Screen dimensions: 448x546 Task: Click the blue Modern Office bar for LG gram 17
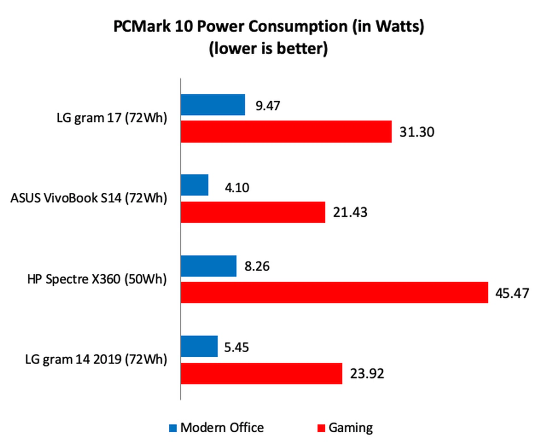click(x=213, y=105)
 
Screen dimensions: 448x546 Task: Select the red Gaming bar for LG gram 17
click(x=286, y=131)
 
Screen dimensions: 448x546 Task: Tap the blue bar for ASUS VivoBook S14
click(x=195, y=185)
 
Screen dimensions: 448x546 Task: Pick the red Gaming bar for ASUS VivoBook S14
click(x=253, y=212)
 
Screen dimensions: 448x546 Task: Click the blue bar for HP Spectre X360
click(x=208, y=266)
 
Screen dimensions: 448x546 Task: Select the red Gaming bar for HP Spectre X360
click(x=334, y=293)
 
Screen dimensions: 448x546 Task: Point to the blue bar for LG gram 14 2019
click(x=199, y=346)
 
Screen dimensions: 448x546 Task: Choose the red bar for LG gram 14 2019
click(x=261, y=373)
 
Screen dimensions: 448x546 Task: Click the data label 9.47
click(x=268, y=106)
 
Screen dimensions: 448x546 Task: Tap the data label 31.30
click(x=417, y=132)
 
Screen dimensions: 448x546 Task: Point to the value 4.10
click(x=237, y=188)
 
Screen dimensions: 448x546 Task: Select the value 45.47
click(x=512, y=293)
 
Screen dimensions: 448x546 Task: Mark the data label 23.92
click(x=367, y=373)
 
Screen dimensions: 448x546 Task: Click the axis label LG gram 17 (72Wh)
click(x=112, y=118)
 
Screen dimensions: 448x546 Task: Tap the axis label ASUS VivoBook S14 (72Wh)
click(x=89, y=198)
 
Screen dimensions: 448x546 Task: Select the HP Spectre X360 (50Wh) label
click(x=97, y=279)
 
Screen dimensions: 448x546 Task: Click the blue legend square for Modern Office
click(x=173, y=428)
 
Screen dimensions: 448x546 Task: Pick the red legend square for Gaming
click(x=321, y=428)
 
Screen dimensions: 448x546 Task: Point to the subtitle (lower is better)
click(x=268, y=48)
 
